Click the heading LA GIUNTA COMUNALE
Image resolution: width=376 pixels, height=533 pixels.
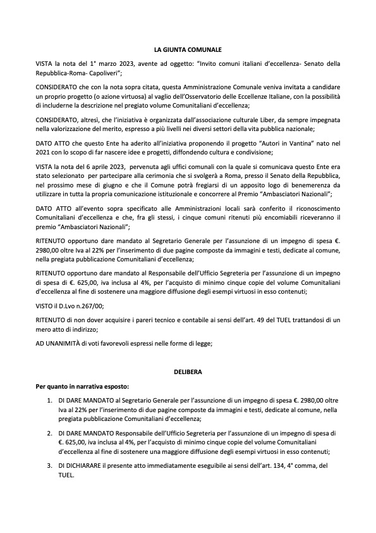[x=188, y=49]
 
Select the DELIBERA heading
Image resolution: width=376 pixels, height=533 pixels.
[x=188, y=373]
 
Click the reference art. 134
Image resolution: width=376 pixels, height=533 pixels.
[x=274, y=466]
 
